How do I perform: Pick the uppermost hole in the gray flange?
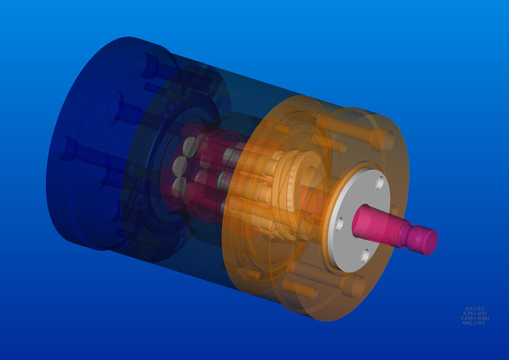pyautogui.click(x=380, y=182)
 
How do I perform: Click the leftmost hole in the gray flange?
pyautogui.click(x=339, y=224)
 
